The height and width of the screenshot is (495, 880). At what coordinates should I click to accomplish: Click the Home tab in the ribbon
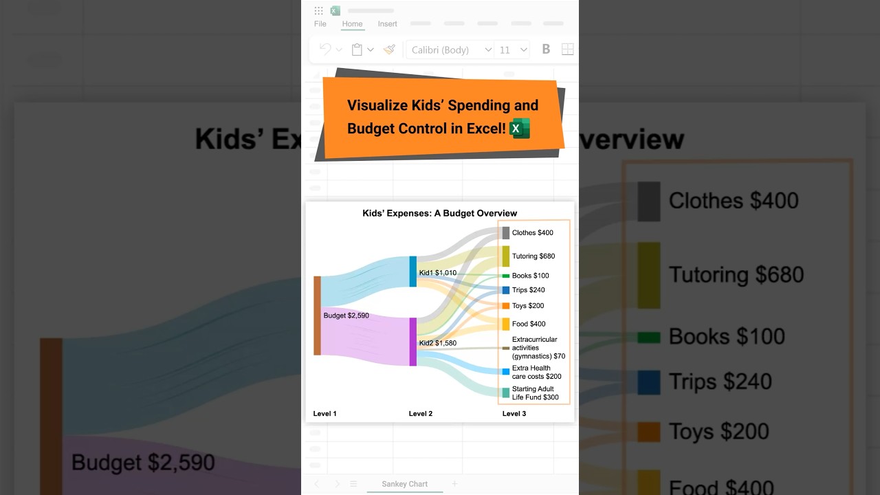click(352, 24)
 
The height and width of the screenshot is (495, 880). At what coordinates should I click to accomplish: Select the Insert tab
click(387, 24)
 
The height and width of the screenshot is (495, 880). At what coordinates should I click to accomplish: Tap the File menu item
click(320, 24)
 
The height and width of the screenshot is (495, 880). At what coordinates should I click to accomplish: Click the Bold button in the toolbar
click(546, 49)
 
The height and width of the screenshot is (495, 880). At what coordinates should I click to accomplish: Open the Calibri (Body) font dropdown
click(451, 49)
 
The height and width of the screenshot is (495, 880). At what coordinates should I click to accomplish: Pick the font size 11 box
click(512, 49)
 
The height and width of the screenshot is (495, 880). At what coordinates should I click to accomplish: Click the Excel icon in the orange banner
click(520, 129)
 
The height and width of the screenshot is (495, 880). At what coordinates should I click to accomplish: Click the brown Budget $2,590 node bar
click(317, 316)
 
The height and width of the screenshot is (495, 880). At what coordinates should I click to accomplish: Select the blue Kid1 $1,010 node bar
click(413, 272)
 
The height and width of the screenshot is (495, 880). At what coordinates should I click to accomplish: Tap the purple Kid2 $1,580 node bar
click(413, 342)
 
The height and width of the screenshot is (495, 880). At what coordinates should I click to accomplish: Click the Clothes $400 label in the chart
click(532, 233)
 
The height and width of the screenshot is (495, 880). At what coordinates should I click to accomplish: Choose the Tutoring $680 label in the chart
click(533, 256)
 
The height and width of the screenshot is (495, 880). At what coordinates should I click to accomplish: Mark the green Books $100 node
click(505, 276)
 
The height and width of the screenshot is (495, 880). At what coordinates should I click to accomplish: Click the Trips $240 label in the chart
click(528, 290)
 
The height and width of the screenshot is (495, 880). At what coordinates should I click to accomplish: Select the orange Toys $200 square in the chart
click(505, 306)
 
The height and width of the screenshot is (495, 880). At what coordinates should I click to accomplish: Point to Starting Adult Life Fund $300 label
click(535, 393)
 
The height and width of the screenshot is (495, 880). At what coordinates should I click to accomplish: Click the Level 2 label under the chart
click(421, 414)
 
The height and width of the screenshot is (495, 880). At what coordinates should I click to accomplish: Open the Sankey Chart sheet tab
click(404, 484)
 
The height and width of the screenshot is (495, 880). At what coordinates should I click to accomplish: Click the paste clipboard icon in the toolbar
click(357, 49)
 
